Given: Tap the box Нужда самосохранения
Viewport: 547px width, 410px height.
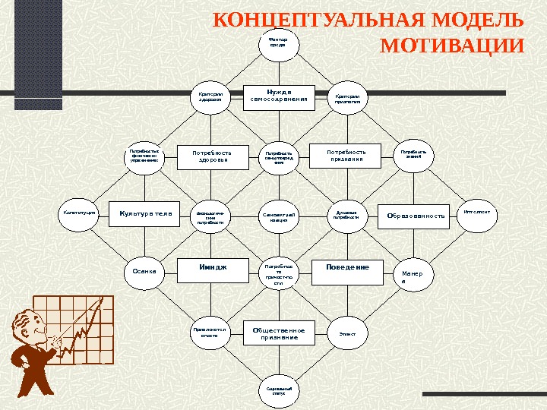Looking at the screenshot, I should tap(279, 97).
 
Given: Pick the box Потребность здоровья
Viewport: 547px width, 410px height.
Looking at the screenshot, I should tap(213, 156).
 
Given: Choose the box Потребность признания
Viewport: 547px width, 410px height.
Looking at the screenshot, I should tap(346, 156).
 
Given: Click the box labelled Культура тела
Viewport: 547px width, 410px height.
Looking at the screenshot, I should tap(146, 214).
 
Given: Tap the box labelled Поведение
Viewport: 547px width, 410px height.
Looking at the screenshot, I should tap(347, 269).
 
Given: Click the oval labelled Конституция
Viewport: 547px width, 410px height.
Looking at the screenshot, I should tap(80, 214).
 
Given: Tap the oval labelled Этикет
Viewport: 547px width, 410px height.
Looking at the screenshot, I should tap(346, 334).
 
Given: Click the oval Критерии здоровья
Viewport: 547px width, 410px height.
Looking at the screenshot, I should tap(211, 99).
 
